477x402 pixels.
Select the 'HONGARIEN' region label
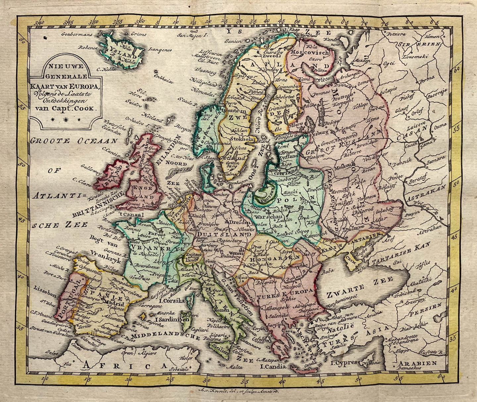coord(274,258)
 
